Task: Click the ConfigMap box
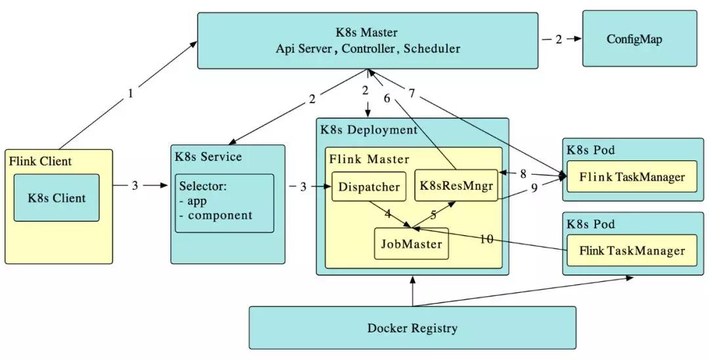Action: [x=639, y=39]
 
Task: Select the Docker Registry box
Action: [x=412, y=328]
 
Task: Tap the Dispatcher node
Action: [x=368, y=187]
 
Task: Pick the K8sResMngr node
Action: [x=456, y=187]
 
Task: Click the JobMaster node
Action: [x=411, y=244]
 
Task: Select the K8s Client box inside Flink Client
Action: [x=56, y=197]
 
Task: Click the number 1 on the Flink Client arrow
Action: [x=130, y=93]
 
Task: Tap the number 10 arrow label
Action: [x=486, y=238]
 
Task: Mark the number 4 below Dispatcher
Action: [x=388, y=214]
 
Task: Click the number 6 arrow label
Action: [x=387, y=98]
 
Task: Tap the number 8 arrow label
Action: [x=523, y=175]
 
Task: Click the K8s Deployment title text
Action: [x=368, y=129]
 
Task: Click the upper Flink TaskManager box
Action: [x=632, y=177]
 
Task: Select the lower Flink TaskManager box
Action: [x=632, y=251]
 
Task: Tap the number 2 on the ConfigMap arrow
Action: [x=559, y=39]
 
